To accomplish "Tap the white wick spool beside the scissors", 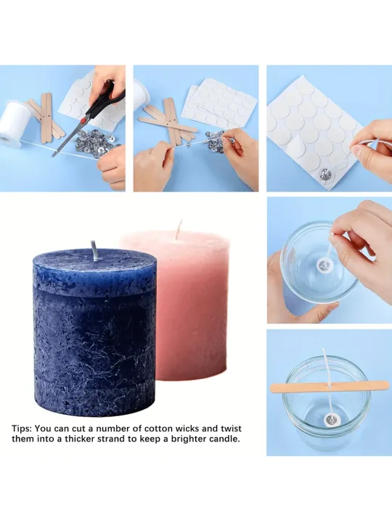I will [15, 123].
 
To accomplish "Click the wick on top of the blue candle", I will [93, 248].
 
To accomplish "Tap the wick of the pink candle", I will [179, 230].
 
